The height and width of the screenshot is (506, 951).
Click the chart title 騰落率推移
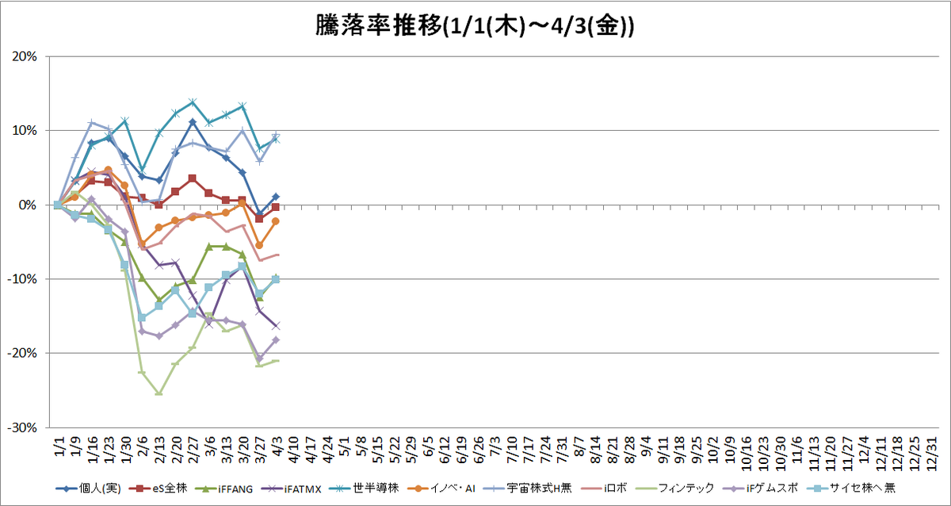pos(379,26)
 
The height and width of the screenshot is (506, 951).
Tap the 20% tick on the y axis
pos(25,56)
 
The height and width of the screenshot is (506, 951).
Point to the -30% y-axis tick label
pos(22,427)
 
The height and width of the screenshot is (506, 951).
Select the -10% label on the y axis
pos(22,279)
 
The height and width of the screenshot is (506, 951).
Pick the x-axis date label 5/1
pos(345,446)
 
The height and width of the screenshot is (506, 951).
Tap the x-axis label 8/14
pos(596,450)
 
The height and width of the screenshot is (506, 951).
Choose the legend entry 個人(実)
pos(88,489)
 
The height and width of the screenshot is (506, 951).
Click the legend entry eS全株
pos(158,489)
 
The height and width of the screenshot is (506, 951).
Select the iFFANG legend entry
pos(223,489)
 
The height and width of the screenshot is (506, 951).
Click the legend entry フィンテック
pos(675,489)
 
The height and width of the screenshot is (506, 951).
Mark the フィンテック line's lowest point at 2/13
pos(158,393)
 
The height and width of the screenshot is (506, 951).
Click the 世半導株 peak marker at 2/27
pos(193,102)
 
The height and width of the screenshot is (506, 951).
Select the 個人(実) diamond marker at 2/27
pos(193,122)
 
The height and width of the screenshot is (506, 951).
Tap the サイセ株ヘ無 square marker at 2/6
pos(142,317)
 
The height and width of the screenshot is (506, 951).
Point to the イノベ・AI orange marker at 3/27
pos(259,245)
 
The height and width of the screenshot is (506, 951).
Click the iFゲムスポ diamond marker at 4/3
pos(276,340)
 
